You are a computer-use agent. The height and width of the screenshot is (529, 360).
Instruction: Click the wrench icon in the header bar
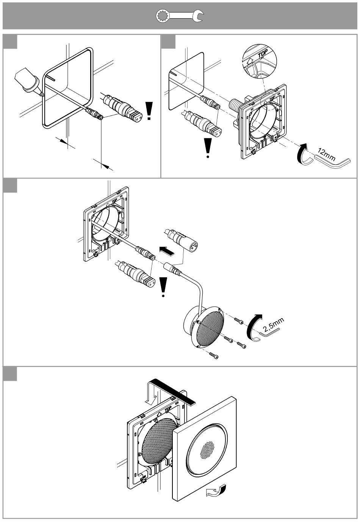tap(180, 16)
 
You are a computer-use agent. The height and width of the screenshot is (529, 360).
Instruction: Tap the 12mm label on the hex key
tap(326, 154)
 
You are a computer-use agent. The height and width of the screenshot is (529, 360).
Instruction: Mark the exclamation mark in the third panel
tap(163, 287)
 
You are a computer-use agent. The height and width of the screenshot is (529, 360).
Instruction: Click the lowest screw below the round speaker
tap(214, 356)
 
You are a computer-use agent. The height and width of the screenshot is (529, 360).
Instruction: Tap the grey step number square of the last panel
tap(10, 374)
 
